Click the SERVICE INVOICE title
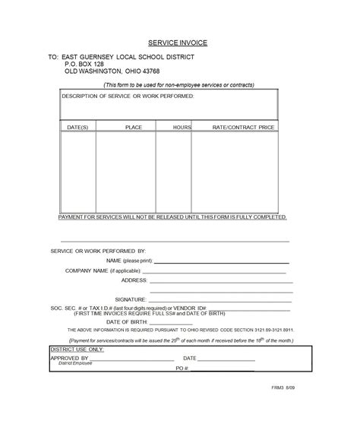tap(180, 43)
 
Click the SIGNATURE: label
tap(131, 300)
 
